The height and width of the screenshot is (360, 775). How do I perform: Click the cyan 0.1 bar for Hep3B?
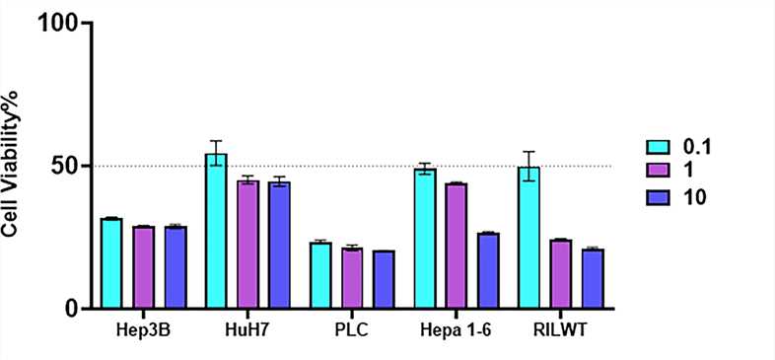tap(111, 263)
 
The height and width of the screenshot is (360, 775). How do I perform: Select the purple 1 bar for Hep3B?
tap(143, 267)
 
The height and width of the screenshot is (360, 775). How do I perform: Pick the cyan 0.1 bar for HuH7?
tap(216, 231)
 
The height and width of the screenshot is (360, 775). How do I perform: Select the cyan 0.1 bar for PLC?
tap(320, 275)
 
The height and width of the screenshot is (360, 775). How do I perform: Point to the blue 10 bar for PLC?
tap(384, 279)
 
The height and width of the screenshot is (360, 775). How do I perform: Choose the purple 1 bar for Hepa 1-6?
tap(456, 246)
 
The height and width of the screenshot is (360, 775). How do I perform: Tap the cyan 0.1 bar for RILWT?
tap(528, 238)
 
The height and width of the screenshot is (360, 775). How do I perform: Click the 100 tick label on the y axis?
tap(58, 23)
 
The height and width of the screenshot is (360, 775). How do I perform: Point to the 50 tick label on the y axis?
tap(65, 166)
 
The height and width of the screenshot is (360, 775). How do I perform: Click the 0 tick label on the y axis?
tap(72, 309)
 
